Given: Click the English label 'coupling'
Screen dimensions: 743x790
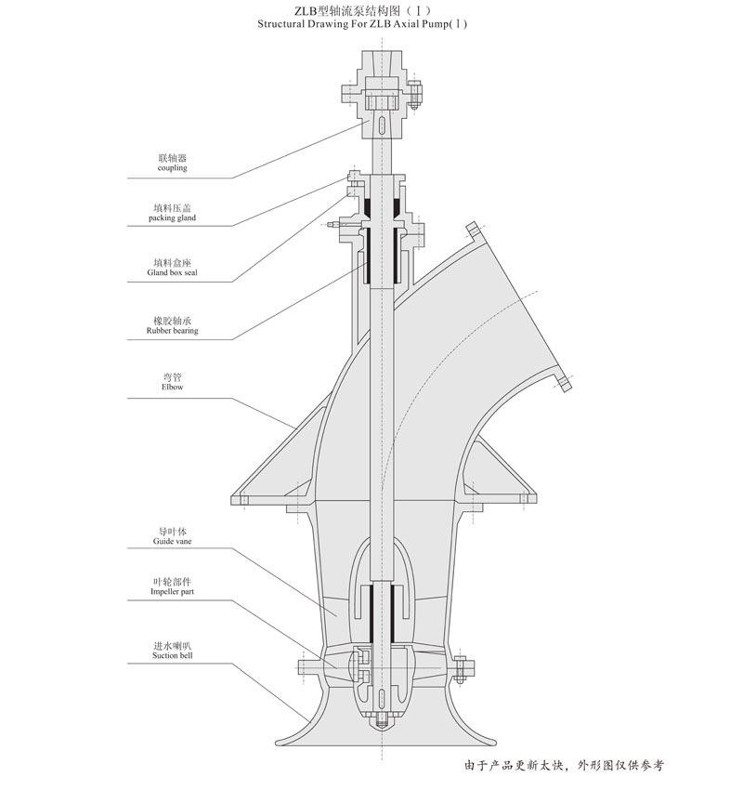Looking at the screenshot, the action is coord(172,168).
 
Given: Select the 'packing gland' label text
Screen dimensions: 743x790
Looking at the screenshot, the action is coord(172,217).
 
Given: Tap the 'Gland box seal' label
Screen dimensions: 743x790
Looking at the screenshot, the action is coord(172,272).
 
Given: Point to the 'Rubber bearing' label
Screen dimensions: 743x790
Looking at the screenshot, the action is coord(172,331).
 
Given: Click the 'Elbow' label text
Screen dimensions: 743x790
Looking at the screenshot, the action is coord(172,387).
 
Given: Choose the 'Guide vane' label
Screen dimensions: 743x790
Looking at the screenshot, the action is coord(172,541).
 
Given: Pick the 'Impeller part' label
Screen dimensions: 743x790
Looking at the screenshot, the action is coord(172,591).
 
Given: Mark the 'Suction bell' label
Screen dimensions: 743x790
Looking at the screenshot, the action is coord(172,655).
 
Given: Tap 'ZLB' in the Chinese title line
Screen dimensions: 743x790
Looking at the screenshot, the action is coord(303,10).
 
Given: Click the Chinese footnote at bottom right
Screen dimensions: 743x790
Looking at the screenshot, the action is coord(565,765).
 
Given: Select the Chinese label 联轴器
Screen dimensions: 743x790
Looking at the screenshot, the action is coord(172,158).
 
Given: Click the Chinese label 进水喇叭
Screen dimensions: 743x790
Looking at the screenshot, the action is coord(172,646).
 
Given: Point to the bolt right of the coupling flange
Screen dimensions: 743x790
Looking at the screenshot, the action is coord(414,95).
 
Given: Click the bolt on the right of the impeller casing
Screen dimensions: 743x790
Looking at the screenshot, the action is coord(459,669).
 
